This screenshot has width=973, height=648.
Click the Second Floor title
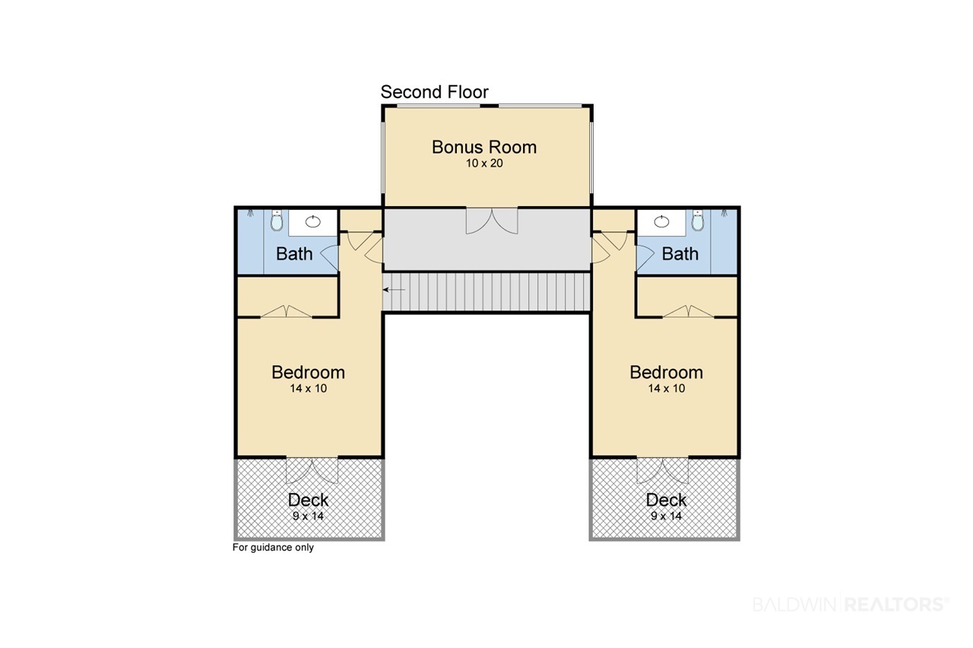click(434, 92)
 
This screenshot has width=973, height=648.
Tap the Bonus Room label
click(484, 148)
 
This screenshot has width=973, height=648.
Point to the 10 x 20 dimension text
click(484, 164)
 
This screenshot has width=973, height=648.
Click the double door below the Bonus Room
click(492, 221)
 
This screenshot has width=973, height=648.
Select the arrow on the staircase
click(394, 290)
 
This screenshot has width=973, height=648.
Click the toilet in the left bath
click(277, 221)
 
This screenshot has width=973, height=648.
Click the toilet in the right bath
click(698, 221)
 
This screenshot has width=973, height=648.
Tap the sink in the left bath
click(312, 221)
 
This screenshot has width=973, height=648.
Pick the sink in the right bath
click(661, 221)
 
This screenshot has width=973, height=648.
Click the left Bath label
click(294, 254)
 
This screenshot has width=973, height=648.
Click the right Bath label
click(680, 254)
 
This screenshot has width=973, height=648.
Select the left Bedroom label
click(309, 373)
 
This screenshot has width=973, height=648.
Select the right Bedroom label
click(667, 373)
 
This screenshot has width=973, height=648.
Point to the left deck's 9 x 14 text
click(309, 516)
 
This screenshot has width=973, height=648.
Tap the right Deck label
click(667, 500)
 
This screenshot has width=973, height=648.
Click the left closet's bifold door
click(286, 311)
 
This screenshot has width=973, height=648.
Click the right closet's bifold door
click(689, 311)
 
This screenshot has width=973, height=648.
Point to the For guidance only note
click(273, 548)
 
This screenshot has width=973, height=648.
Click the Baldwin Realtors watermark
click(851, 604)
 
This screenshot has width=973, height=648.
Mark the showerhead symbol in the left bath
click(251, 213)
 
